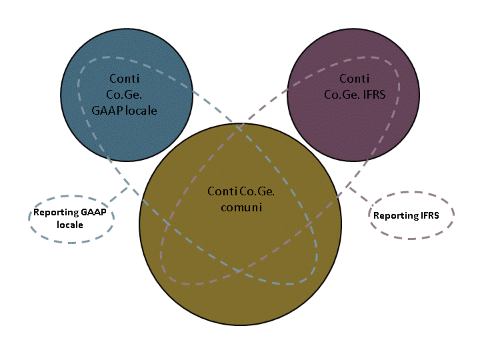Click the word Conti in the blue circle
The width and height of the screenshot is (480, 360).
point(124,79)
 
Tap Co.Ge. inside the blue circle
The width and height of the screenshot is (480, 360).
point(124,95)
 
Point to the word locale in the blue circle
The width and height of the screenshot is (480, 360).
point(141,111)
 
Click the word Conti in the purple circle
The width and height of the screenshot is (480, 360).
point(355,79)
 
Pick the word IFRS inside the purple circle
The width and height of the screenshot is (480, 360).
point(375,95)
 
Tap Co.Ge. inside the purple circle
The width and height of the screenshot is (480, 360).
point(342,95)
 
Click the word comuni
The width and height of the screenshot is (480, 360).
point(241,207)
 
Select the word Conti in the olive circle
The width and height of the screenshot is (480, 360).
point(223,191)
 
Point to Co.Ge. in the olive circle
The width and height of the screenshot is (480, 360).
point(257,191)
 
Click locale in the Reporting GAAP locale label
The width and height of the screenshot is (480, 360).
point(70,225)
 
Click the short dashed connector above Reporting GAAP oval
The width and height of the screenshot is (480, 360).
point(118,194)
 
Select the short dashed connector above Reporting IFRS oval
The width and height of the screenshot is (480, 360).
point(359,194)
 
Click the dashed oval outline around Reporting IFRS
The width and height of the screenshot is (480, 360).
point(411,192)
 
